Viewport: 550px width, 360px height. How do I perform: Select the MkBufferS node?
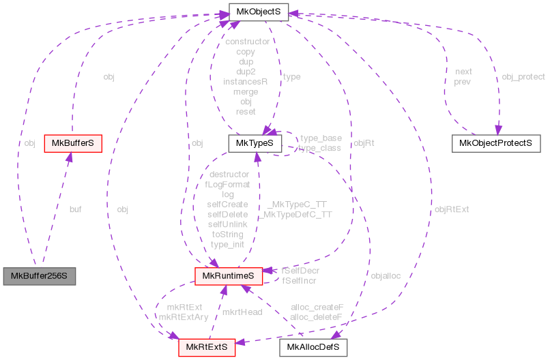click(x=72, y=143)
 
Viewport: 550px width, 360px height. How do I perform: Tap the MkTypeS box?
click(x=255, y=143)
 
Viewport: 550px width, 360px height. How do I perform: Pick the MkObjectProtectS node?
click(x=495, y=143)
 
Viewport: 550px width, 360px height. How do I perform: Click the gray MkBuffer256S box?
click(x=39, y=276)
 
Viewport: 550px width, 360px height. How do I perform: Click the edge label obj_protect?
click(x=523, y=77)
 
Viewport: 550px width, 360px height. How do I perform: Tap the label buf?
click(x=75, y=209)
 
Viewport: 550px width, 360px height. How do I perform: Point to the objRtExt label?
click(x=452, y=209)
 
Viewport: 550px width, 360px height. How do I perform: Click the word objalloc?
click(x=386, y=275)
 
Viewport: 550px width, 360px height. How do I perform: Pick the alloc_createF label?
click(x=317, y=307)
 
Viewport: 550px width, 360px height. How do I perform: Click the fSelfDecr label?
click(x=300, y=270)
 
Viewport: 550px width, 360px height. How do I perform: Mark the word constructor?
click(x=246, y=42)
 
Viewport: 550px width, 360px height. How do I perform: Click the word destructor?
click(x=229, y=174)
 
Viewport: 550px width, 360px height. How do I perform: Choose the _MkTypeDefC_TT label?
click(x=295, y=213)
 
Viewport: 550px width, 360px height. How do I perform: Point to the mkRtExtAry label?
click(x=183, y=316)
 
